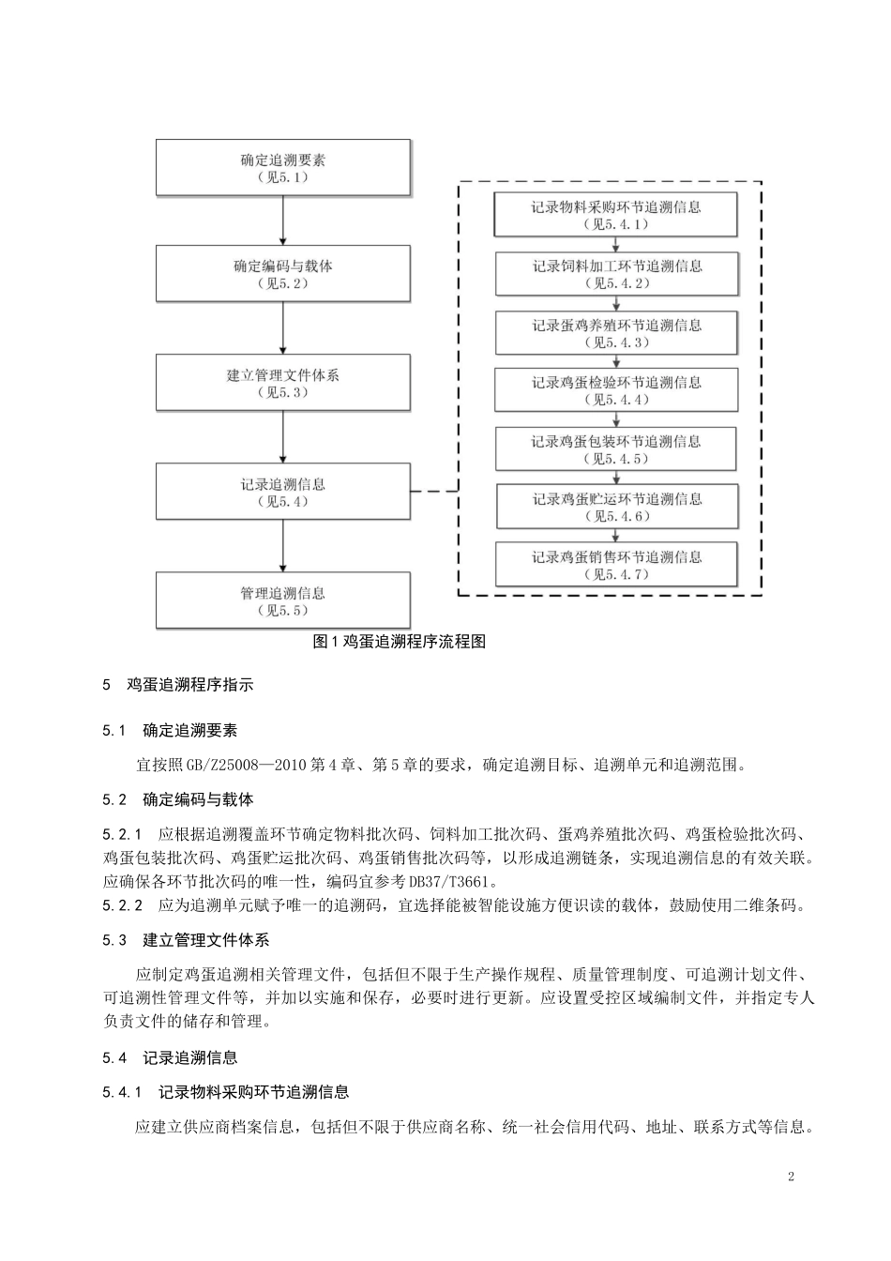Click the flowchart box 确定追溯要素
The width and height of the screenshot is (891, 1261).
coord(282,168)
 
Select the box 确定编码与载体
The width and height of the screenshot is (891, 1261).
coord(282,274)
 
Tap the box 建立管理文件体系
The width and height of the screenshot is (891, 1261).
coord(282,383)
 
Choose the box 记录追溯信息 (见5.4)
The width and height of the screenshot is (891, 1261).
coord(282,492)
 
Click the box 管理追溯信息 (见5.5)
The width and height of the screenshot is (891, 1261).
coord(282,600)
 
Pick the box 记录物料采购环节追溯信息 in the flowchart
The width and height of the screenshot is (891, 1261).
coord(616,215)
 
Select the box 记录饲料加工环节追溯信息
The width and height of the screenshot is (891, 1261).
coord(616,274)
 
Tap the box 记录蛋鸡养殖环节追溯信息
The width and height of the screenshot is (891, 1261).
coord(616,333)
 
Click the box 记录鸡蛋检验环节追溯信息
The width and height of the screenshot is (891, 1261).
coord(616,390)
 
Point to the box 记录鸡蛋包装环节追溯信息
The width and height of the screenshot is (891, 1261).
coord(616,449)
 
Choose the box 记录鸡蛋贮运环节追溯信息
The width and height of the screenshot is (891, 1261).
coord(616,507)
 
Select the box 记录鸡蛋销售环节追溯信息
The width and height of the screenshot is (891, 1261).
coord(616,565)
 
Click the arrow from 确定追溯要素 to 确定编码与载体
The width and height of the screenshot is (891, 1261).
coord(283,221)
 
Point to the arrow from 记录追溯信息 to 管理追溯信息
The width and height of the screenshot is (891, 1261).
coord(283,546)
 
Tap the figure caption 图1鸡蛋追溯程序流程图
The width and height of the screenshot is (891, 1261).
coord(399,643)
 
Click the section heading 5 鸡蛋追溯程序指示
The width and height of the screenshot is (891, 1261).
coord(178,685)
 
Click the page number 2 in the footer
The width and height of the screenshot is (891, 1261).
coord(791,1177)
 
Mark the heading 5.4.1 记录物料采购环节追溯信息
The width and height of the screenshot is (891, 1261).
coord(226,1092)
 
